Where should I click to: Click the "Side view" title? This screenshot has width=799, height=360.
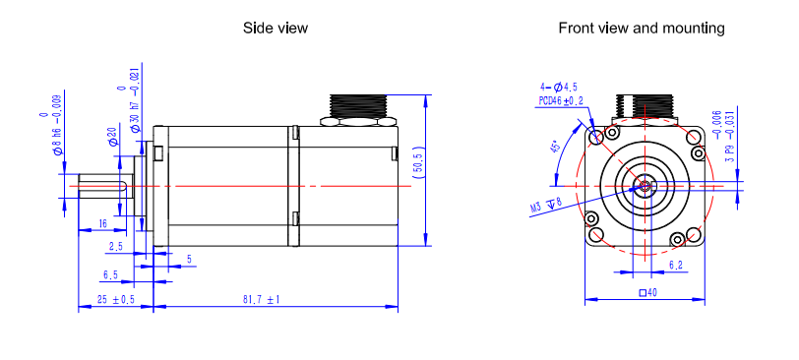[276, 28]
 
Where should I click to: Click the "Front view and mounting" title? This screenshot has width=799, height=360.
[642, 28]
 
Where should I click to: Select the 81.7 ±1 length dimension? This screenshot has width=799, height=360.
[262, 299]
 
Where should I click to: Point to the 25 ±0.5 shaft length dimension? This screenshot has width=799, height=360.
[116, 299]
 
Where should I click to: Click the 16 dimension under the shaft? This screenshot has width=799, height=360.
[102, 223]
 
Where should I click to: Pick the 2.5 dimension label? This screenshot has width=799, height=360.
[116, 247]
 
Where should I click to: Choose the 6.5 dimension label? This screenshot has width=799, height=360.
[110, 275]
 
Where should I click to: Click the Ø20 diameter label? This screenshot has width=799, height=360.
[113, 137]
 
